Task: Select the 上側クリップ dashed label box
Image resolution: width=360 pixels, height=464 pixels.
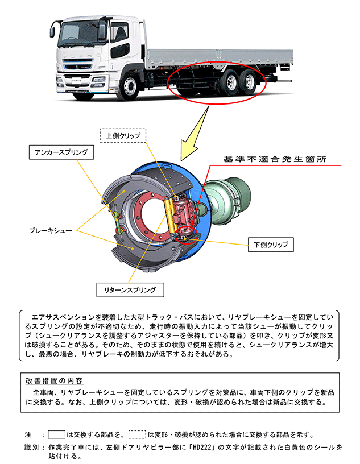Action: click(123, 136)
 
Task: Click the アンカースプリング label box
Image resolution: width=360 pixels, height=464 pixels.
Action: click(61, 152)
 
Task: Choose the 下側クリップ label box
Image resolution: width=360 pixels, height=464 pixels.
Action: click(271, 245)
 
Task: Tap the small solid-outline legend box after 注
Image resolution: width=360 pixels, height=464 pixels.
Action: click(57, 434)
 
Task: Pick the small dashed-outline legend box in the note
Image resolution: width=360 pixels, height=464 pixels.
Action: click(137, 434)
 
